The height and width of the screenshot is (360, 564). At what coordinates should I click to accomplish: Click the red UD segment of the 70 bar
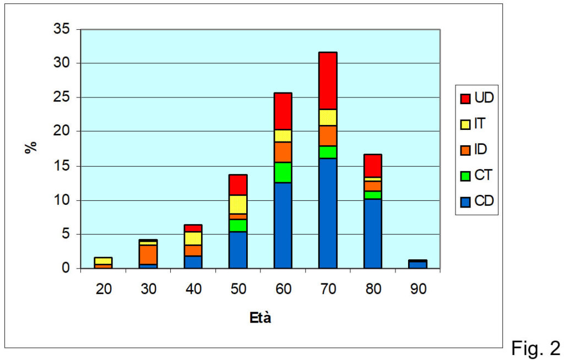328,80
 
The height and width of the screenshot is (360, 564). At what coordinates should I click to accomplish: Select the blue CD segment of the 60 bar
283,226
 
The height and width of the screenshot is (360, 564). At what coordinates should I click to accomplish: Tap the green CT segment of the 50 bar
238,226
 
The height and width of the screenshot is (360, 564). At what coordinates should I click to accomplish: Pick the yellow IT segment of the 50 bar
238,204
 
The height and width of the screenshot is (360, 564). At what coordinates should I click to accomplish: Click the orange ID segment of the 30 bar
148,255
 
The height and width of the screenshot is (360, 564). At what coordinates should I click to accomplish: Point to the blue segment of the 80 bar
373,234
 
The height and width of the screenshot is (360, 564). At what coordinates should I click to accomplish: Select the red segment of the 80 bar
373,166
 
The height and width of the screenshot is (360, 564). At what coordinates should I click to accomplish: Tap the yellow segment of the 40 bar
193,238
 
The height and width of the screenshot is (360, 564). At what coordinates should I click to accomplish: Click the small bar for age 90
417,264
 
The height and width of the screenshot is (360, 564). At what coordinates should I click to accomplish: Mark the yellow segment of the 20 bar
104,261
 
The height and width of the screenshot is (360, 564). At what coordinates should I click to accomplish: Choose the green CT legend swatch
465,176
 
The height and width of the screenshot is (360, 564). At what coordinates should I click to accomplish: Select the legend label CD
484,201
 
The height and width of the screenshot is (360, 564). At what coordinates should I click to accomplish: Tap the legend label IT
480,124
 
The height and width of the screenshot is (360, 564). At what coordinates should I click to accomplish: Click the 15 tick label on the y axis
62,166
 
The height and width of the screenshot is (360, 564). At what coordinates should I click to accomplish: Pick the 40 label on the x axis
193,289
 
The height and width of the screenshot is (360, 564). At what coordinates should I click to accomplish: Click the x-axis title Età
260,318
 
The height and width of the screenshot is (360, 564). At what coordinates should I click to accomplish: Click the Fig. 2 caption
536,347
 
